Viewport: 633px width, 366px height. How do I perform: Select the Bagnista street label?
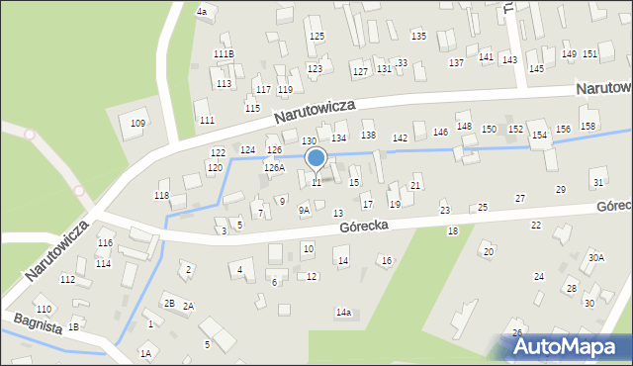[37, 323]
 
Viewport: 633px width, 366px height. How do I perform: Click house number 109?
[137, 124]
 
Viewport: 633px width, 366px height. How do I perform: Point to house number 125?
[316, 37]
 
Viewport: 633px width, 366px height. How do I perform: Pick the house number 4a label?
[203, 12]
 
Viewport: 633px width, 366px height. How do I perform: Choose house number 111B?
[224, 54]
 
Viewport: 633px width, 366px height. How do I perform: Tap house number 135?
[418, 37]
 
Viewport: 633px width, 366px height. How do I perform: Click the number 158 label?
[588, 127]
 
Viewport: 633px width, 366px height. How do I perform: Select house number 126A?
[274, 168]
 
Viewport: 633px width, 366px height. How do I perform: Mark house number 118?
[161, 196]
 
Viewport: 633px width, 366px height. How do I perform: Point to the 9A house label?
[305, 210]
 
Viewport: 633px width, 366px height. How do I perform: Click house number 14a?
[343, 313]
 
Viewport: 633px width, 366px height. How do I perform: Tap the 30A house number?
[595, 257]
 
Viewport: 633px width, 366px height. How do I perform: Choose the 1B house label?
[73, 325]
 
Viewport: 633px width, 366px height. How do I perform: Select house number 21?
[415, 186]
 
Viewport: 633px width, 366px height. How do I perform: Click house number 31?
[596, 183]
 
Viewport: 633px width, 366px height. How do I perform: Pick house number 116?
[105, 243]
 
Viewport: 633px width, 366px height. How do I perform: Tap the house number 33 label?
[402, 63]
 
